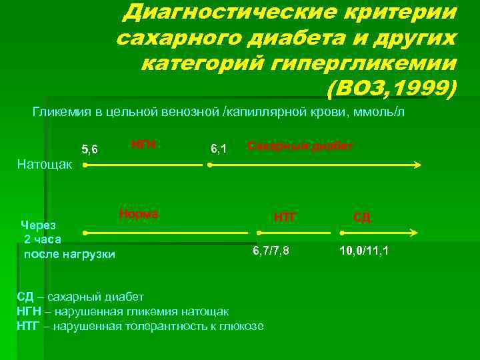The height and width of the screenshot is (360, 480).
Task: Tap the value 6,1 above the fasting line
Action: (219, 149)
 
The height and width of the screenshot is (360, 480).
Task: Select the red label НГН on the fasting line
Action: (141, 144)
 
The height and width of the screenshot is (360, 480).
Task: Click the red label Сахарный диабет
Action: (300, 145)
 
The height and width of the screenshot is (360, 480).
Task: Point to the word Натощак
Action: (45, 163)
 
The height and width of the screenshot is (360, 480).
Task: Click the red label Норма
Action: (138, 214)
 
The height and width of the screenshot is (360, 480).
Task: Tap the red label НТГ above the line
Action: (285, 216)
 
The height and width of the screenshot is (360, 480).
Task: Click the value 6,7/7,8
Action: (271, 251)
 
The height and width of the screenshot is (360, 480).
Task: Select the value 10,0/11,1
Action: (365, 251)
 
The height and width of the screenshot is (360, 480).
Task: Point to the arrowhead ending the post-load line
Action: (413, 233)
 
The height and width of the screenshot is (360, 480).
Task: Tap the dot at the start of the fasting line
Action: (85, 164)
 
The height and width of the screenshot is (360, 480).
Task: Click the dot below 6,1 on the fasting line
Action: (209, 164)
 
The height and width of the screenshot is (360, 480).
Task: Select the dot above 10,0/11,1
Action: (341, 233)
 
